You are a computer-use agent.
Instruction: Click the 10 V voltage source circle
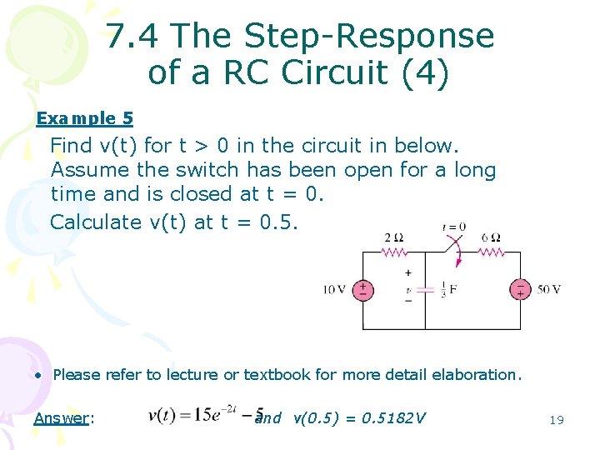pos(363,290)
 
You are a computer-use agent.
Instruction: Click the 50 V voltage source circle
pos(521,290)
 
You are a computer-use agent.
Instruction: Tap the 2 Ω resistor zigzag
pos(393,251)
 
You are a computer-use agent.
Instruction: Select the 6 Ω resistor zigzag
pos(489,251)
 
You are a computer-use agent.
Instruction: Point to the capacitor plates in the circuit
pos(426,289)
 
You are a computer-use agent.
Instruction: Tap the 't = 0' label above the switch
pos(454,226)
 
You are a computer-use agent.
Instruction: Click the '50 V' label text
pos(549,290)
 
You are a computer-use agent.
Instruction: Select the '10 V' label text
pos(335,290)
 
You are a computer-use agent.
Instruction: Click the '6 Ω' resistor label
pos(491,237)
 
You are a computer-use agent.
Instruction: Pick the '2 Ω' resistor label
pos(394,237)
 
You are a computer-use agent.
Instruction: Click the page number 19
pos(557,420)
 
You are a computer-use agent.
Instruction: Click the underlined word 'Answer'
pos(61,417)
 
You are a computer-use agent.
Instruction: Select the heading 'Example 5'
pos(84,118)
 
